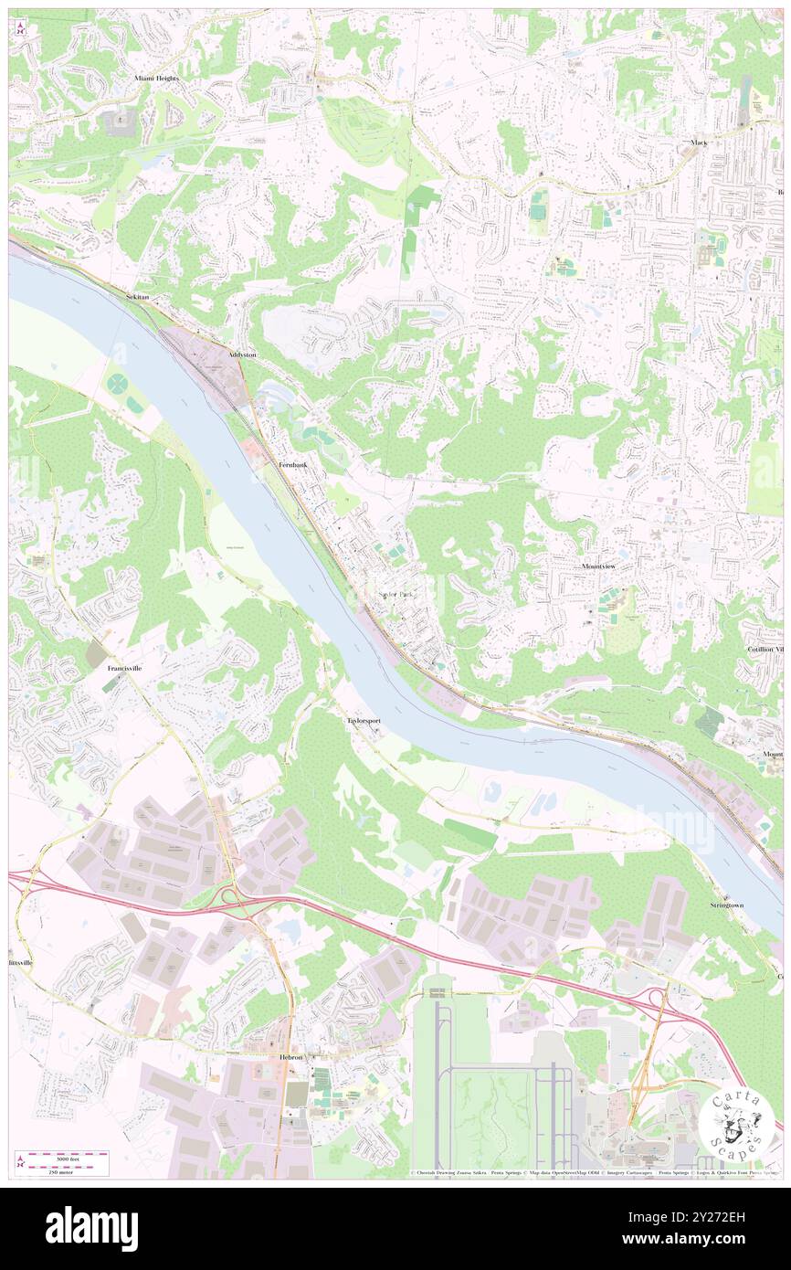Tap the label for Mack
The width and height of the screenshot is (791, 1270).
pos(699,143)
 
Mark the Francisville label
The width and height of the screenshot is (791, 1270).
pos(130,669)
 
